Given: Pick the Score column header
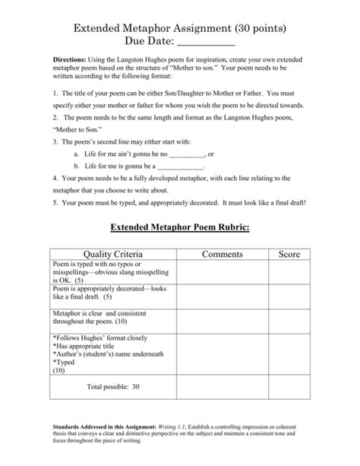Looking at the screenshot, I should tap(289, 253).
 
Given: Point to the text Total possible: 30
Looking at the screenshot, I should tap(113, 387).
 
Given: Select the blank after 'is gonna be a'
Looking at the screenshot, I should tap(180, 165).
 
